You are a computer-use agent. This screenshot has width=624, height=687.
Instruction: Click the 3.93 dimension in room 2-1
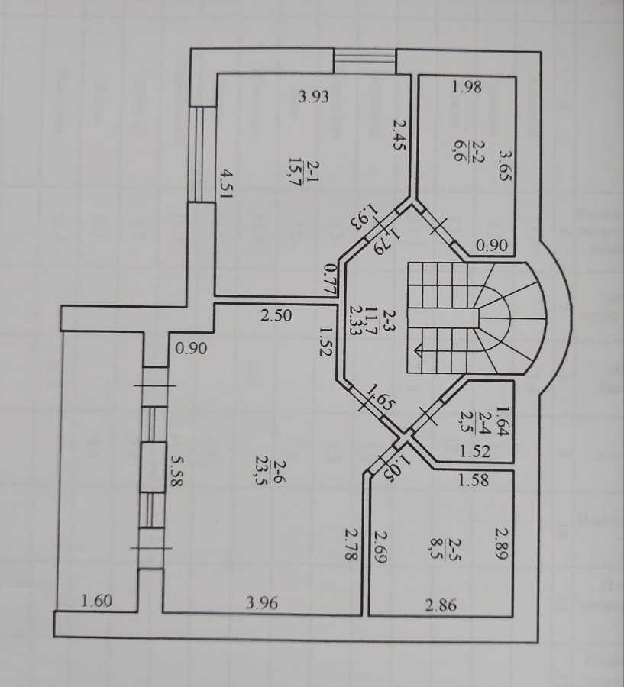(x=313, y=97)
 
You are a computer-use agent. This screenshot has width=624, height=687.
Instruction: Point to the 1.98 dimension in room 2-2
(x=467, y=87)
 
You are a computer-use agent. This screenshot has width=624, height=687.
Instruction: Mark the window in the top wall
(x=365, y=60)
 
